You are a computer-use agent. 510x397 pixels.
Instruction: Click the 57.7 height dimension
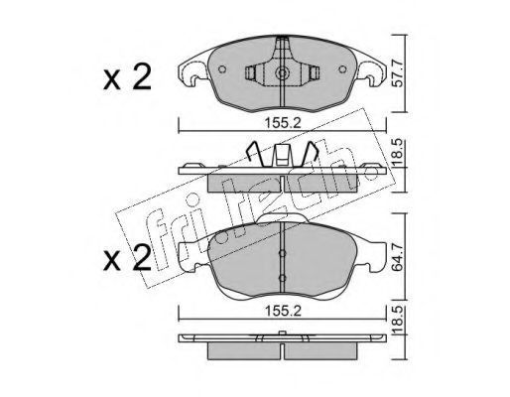[x=398, y=73]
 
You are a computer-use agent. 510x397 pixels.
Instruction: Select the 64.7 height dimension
[x=398, y=257]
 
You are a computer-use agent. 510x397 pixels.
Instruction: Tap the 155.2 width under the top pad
[x=283, y=123]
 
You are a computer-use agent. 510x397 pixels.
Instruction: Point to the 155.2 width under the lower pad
[x=283, y=311]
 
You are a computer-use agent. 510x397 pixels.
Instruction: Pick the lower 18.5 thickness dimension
[x=398, y=320]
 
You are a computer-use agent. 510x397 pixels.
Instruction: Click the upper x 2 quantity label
[x=127, y=77]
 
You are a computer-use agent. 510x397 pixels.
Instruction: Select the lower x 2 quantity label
[x=127, y=258]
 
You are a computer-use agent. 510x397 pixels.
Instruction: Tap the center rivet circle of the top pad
[x=282, y=73]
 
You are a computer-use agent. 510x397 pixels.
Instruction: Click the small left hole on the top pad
[x=222, y=69]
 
